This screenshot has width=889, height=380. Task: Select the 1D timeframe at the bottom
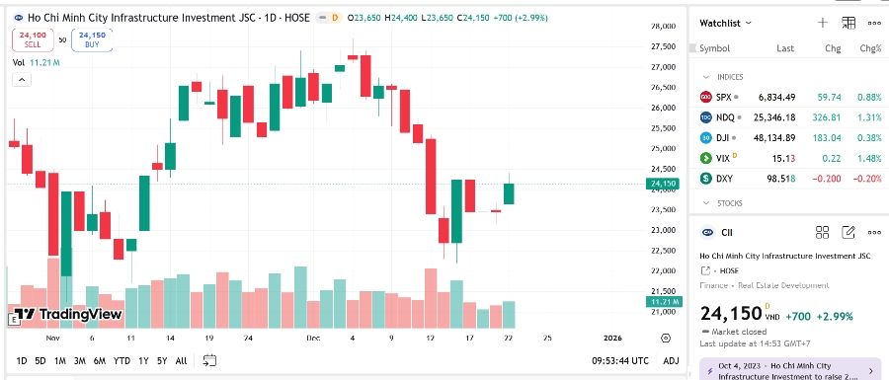coord(22,360)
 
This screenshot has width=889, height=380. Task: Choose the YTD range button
coord(121,360)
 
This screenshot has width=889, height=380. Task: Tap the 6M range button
coord(99,360)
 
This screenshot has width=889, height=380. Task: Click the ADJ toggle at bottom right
coord(671,360)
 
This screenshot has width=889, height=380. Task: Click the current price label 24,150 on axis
coord(661,184)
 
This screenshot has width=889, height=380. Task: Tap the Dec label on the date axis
coord(313,338)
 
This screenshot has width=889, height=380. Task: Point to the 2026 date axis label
coord(613,338)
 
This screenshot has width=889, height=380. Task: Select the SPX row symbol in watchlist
coord(724,97)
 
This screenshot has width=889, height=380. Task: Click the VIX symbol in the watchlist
coord(724,157)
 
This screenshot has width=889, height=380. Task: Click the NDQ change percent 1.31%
coord(869,117)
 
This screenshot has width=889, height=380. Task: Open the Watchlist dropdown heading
coord(725,22)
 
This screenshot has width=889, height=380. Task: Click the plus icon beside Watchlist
coord(823,22)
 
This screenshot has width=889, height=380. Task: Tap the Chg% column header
coord(870,48)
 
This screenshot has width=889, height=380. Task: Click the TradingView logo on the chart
coord(68,315)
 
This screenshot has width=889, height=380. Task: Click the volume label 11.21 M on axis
coord(662,301)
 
